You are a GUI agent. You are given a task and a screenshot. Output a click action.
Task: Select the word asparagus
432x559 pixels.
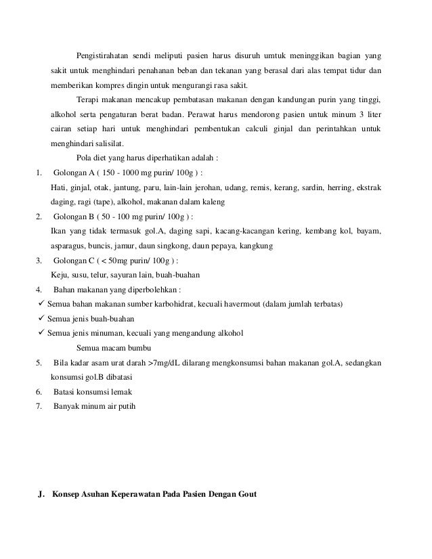point(69,246)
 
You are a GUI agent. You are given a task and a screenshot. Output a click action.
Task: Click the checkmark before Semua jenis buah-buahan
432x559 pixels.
point(42,318)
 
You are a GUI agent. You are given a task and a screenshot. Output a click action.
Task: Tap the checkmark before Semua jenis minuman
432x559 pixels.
point(42,333)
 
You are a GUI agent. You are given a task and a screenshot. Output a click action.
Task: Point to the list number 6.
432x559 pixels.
point(39,392)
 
